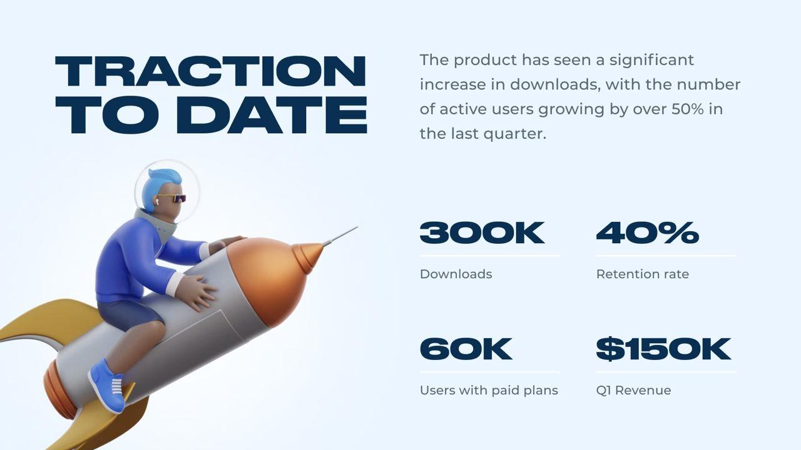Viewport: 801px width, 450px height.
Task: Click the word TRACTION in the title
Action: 211,71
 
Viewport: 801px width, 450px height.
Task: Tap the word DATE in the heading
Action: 272,115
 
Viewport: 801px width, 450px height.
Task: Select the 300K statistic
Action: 482,232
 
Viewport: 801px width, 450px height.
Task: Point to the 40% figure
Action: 647,232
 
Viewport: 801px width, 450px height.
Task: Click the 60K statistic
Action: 466,349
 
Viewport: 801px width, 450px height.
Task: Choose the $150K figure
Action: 663,349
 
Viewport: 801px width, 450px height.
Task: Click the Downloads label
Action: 456,274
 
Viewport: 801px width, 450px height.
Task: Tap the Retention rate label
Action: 643,274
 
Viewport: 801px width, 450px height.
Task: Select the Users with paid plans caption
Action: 489,391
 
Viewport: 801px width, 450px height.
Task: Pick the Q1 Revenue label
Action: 634,390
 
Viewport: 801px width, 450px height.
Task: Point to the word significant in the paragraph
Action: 651,61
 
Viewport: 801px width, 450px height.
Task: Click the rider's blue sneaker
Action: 107,386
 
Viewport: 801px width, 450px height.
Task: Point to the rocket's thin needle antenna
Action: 340,236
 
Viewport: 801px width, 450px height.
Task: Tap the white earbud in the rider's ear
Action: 157,202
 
